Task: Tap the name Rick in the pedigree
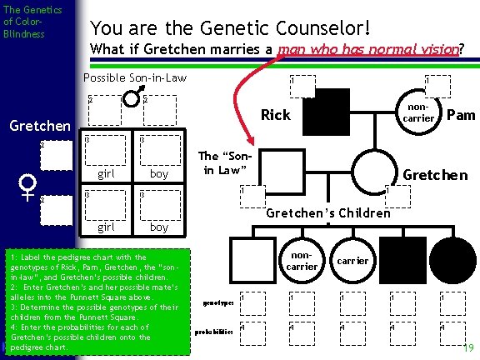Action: [276, 114]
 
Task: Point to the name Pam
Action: [461, 114]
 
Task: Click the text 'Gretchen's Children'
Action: [327, 212]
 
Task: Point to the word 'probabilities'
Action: [212, 331]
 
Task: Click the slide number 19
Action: [468, 347]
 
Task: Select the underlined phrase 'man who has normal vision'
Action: [371, 48]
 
